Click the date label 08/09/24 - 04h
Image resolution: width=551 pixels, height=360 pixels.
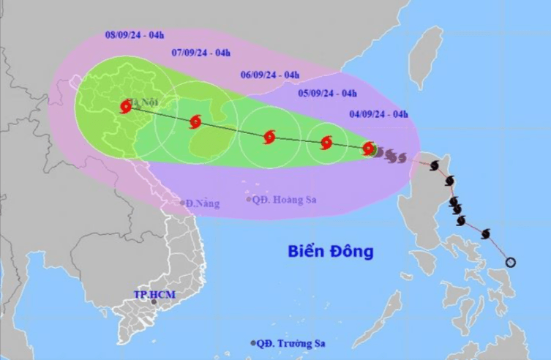point(135,34)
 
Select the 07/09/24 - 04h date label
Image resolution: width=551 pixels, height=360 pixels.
point(201,52)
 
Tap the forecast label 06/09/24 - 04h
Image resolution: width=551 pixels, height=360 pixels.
point(270,74)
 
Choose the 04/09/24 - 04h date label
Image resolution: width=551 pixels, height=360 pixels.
point(378,113)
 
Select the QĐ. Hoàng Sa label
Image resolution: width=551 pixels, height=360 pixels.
point(281,199)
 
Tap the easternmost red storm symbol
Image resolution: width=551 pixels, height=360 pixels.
point(369,148)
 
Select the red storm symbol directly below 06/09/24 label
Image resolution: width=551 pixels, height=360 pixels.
point(269,136)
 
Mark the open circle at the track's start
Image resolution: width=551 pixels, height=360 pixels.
point(511,262)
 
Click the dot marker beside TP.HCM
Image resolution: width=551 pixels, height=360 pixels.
point(154,301)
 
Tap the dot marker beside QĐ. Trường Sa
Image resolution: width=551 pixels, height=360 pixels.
point(253,342)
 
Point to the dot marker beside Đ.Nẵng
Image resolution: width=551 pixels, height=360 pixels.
point(183,203)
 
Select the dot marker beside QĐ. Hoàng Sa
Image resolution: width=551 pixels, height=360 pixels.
point(249,199)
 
